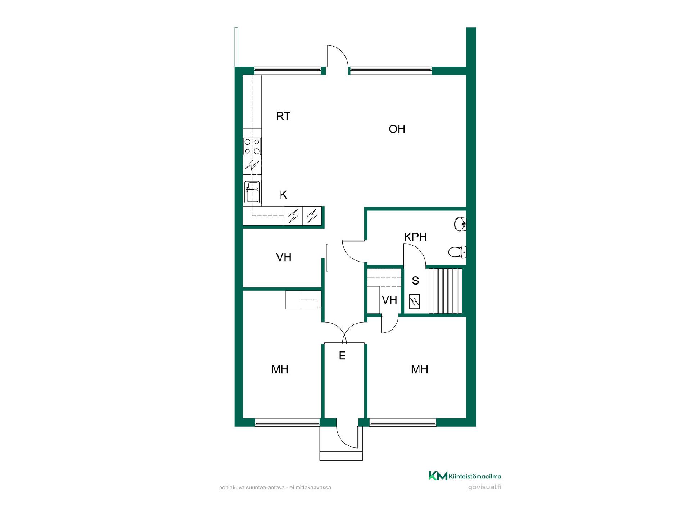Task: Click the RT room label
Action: [283, 116]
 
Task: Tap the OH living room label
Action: [397, 129]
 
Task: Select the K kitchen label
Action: [284, 195]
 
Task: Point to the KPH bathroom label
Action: [415, 237]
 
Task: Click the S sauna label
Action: [415, 281]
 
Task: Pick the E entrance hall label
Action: [342, 356]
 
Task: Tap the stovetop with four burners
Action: [252, 146]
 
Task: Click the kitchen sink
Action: [252, 192]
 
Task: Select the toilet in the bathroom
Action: [457, 252]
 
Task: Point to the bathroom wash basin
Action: [460, 224]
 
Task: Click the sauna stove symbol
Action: [415, 301]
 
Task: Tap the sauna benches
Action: [446, 291]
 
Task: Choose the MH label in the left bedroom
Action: [280, 369]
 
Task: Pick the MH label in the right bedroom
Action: [420, 369]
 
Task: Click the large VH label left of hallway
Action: [284, 257]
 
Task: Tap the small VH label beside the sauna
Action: [389, 300]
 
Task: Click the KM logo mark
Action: [438, 476]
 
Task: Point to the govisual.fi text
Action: [485, 487]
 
